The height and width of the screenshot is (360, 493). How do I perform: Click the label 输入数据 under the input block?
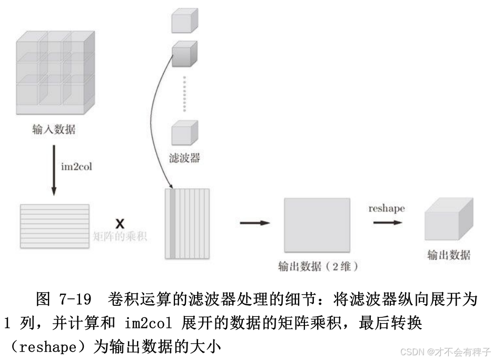pyautogui.click(x=53, y=129)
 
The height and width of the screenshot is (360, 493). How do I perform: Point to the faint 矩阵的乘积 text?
pyautogui.click(x=120, y=237)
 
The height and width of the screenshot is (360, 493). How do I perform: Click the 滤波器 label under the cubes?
pyautogui.click(x=185, y=157)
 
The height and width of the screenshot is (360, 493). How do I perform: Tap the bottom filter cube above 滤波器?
pyautogui.click(x=184, y=133)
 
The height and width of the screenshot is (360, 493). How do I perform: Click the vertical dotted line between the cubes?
pyautogui.click(x=184, y=93)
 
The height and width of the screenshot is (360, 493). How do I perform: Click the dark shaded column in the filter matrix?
pyautogui.click(x=172, y=224)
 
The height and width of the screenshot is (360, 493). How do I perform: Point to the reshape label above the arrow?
pyautogui.click(x=387, y=208)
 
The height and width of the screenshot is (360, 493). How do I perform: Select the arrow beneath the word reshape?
pyautogui.click(x=388, y=223)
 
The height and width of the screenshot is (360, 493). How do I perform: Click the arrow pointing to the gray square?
pyautogui.click(x=254, y=223)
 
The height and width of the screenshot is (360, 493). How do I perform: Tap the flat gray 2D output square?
pyautogui.click(x=317, y=225)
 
